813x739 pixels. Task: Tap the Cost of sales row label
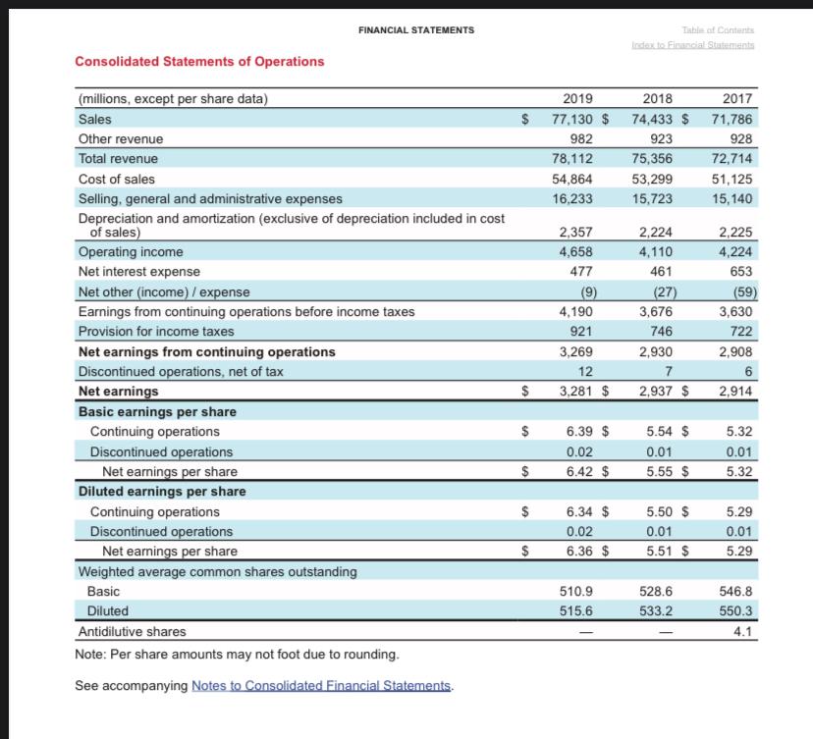point(116,179)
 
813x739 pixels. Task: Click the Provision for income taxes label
point(156,332)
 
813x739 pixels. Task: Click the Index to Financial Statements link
point(693,46)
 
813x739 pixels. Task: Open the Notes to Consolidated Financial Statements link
point(322,685)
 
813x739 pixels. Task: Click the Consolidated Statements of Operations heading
point(199,61)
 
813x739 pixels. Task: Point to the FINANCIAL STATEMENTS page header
point(416,30)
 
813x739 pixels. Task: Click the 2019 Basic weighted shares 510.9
point(575,592)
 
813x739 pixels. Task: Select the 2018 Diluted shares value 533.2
point(657,611)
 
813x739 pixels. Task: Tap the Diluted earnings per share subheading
point(162,491)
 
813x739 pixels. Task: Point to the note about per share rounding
point(237,654)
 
